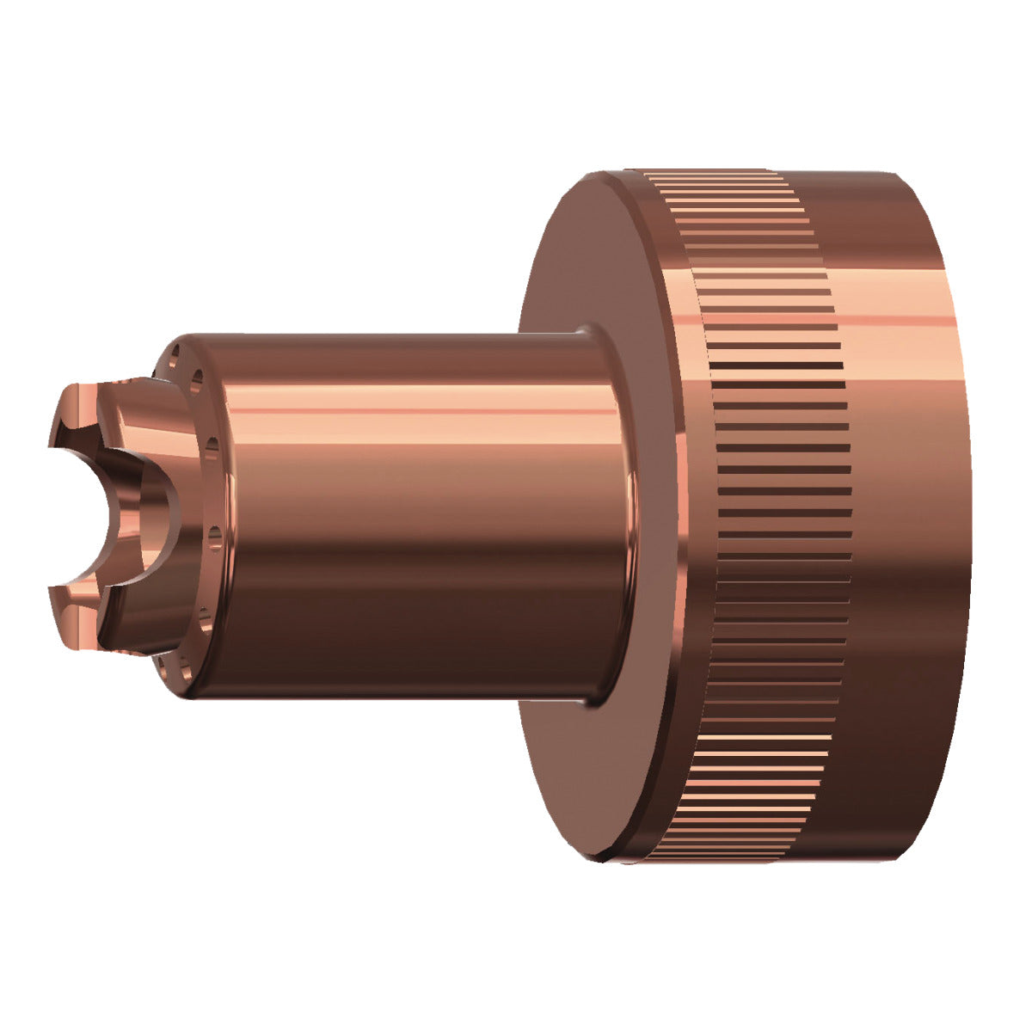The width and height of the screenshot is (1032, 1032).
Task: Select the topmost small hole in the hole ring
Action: tap(175, 352)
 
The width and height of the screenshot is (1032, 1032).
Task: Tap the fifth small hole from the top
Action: tap(203, 613)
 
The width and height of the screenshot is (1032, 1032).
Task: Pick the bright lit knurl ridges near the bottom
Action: tap(757, 757)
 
